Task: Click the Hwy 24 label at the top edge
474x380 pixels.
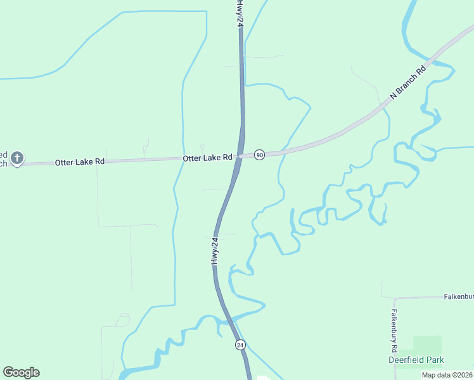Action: point(240,13)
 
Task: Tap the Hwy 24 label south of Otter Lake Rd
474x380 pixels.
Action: point(215,250)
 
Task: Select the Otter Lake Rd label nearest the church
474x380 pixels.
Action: point(79,162)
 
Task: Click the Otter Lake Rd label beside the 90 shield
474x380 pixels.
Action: point(207,158)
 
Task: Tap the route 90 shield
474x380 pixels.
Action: point(259,155)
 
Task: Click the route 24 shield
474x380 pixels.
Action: point(240,345)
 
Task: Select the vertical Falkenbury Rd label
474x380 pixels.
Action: point(394,331)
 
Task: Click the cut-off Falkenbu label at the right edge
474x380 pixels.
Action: point(458,296)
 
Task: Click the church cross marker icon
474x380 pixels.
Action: point(18,157)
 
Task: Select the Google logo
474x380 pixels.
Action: point(21,372)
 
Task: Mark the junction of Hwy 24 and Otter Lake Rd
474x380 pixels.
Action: point(238,156)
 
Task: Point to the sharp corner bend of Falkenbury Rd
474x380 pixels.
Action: point(394,298)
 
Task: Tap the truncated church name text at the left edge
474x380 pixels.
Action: point(4,159)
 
